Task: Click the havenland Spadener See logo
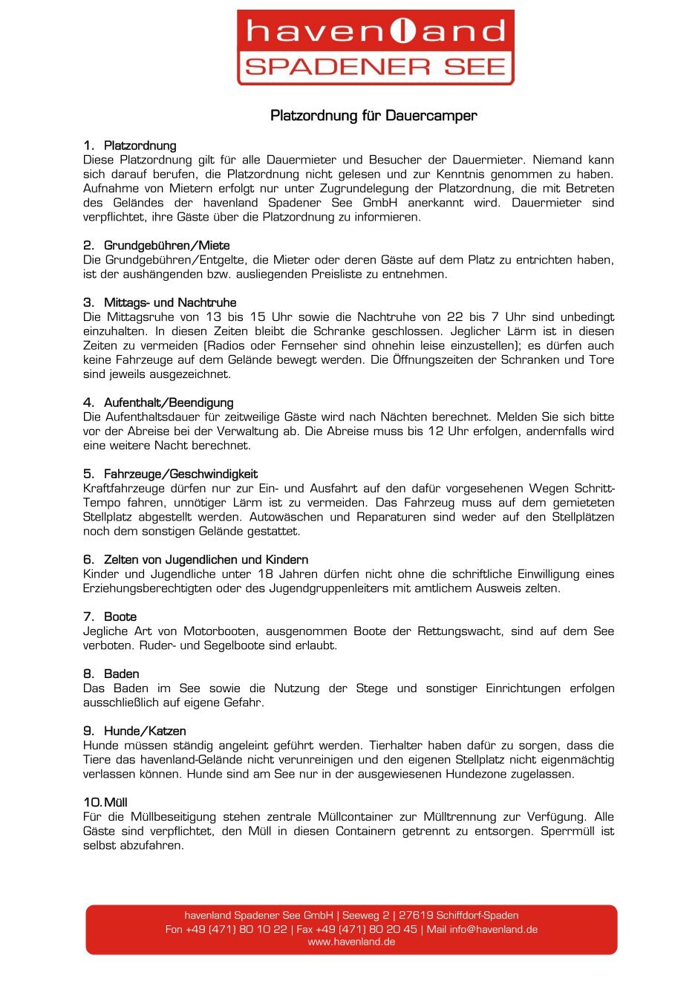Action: (x=375, y=48)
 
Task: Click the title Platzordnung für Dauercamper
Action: (x=374, y=116)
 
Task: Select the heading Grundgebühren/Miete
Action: (x=166, y=246)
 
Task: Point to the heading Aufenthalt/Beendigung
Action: (x=168, y=403)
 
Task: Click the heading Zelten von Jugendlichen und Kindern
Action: (x=206, y=560)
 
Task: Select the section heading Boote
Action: (x=120, y=617)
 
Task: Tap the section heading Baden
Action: (x=121, y=674)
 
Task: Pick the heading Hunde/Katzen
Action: (x=145, y=732)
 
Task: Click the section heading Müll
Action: (x=115, y=803)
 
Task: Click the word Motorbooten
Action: (x=221, y=632)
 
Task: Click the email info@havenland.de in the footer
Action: (x=493, y=930)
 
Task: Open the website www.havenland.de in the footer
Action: (x=351, y=942)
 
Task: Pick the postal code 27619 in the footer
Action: (x=416, y=916)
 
